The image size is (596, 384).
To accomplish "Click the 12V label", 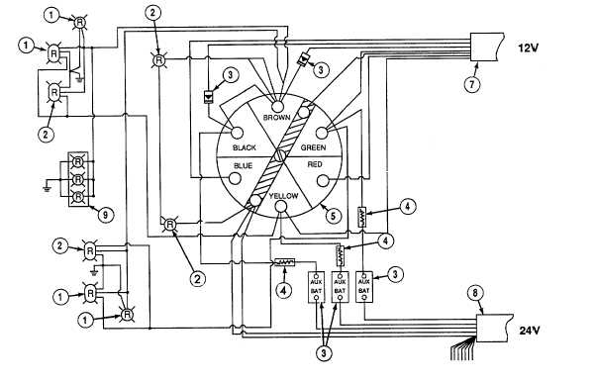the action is point(529,48).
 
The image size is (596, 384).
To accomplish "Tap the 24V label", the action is point(530,331).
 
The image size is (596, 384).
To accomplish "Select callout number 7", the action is point(472,84).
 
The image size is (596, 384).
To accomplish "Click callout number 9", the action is point(105,215).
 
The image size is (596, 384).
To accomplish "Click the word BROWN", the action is point(277,118).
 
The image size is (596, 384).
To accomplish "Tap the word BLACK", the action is point(245,147).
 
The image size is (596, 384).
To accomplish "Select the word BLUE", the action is point(243,165).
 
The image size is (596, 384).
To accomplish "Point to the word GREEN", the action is point(313,147).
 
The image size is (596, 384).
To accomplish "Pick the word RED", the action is point(315,164).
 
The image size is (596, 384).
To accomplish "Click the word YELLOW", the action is point(283,196).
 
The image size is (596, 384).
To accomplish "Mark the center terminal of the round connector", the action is point(280,155).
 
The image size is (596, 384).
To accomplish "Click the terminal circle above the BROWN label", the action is point(277,105).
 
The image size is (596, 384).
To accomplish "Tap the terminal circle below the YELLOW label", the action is point(281,207).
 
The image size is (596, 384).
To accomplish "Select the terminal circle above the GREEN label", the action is point(322,133).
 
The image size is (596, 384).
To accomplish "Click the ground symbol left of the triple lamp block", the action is point(47,187).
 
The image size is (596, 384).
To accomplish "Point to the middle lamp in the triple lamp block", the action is point(77,179).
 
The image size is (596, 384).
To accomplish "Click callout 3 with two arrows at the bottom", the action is point(324,353).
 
